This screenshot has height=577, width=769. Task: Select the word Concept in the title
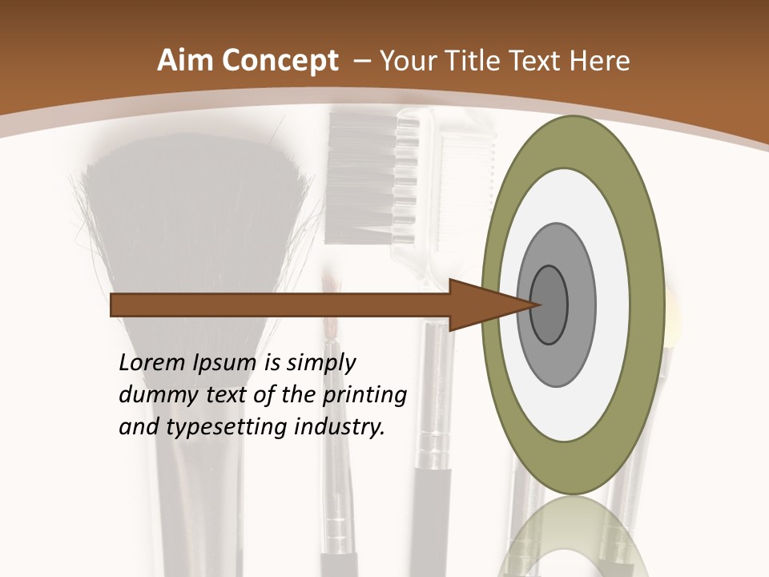pyautogui.click(x=280, y=62)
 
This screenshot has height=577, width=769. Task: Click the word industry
pyautogui.click(x=340, y=428)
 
